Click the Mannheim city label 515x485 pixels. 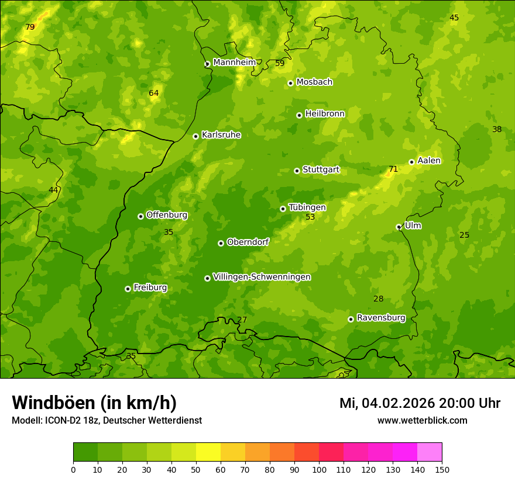coord(234,62)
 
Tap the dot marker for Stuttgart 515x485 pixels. coord(297,171)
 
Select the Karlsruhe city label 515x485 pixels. coord(221,135)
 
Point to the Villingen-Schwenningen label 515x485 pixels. coord(262,277)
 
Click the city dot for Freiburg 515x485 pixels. coord(128,289)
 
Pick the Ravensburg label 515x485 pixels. coord(380,318)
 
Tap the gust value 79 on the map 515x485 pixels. coord(30,27)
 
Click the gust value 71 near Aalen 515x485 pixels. coord(393,169)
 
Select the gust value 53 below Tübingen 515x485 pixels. coord(310,217)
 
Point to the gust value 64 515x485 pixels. coord(153,93)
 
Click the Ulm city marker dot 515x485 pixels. coord(399,227)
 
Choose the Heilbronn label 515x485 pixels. coord(325,114)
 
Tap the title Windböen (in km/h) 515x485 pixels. coord(94,403)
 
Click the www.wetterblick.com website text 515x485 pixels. coord(422,420)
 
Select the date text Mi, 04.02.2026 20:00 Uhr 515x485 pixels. coord(420,403)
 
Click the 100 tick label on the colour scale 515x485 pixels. coord(319,469)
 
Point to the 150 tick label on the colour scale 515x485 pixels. coord(442,469)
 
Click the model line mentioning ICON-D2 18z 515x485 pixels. coord(107,420)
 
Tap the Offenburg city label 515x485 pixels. coord(167,215)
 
